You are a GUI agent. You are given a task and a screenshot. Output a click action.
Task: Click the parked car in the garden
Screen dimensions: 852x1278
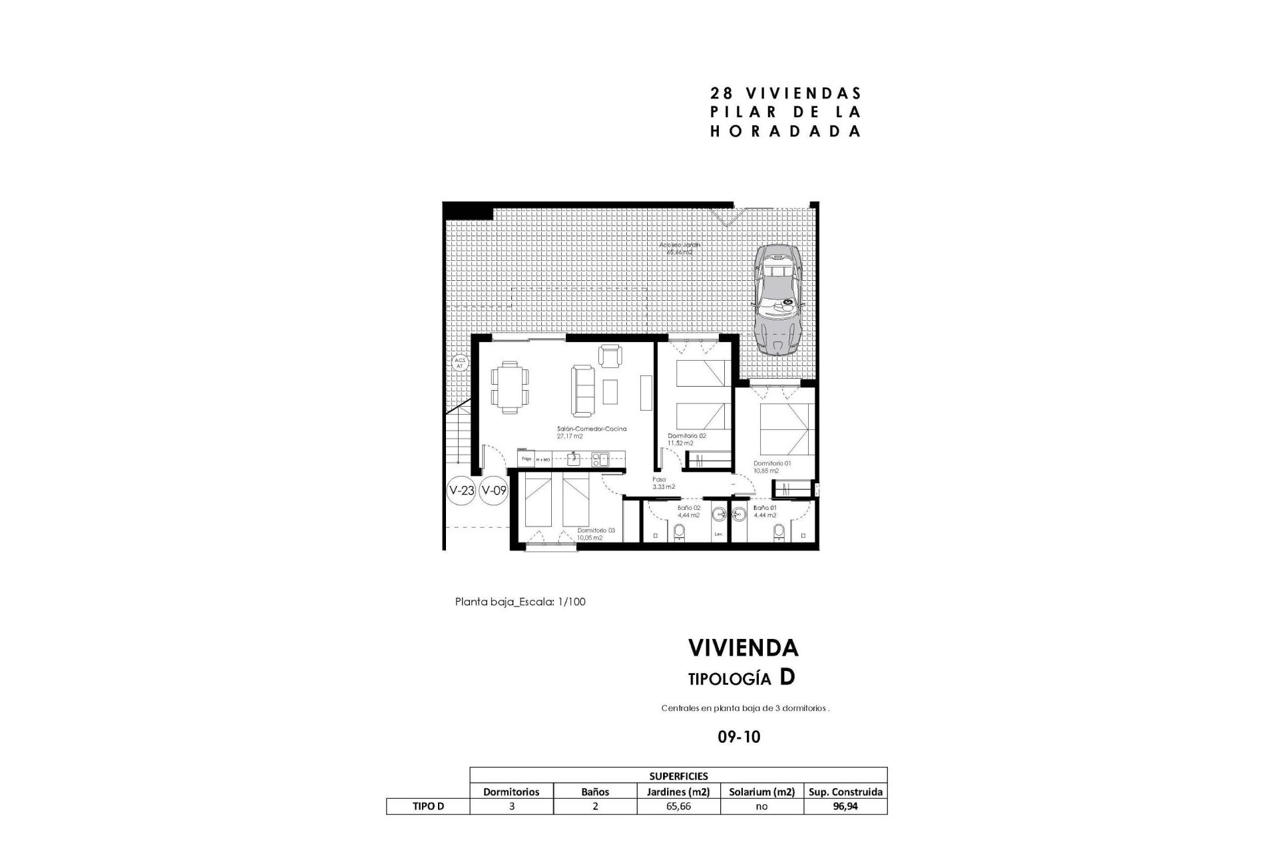point(777,298)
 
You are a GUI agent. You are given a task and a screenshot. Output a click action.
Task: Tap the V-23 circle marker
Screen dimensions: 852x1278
point(462,491)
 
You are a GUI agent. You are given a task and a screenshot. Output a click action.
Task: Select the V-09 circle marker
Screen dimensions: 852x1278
point(495,491)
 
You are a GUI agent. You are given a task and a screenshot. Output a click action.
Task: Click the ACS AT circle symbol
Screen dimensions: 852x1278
point(459,363)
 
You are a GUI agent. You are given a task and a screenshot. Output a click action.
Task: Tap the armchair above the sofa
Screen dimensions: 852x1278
point(610,355)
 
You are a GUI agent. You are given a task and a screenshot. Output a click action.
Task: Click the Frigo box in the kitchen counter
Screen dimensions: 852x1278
point(526,459)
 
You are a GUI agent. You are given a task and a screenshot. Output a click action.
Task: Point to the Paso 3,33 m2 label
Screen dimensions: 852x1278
point(663,483)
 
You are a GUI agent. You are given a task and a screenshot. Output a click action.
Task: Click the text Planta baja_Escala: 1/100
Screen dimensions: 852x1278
point(520,602)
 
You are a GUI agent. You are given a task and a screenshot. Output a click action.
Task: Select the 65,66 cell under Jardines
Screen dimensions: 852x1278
point(678,807)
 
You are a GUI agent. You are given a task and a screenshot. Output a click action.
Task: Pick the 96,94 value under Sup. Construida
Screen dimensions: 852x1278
point(845,807)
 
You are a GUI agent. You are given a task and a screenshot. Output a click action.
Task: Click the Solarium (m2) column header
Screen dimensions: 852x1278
point(761,792)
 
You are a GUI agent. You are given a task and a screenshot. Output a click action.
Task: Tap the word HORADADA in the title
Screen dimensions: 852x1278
point(785,132)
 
